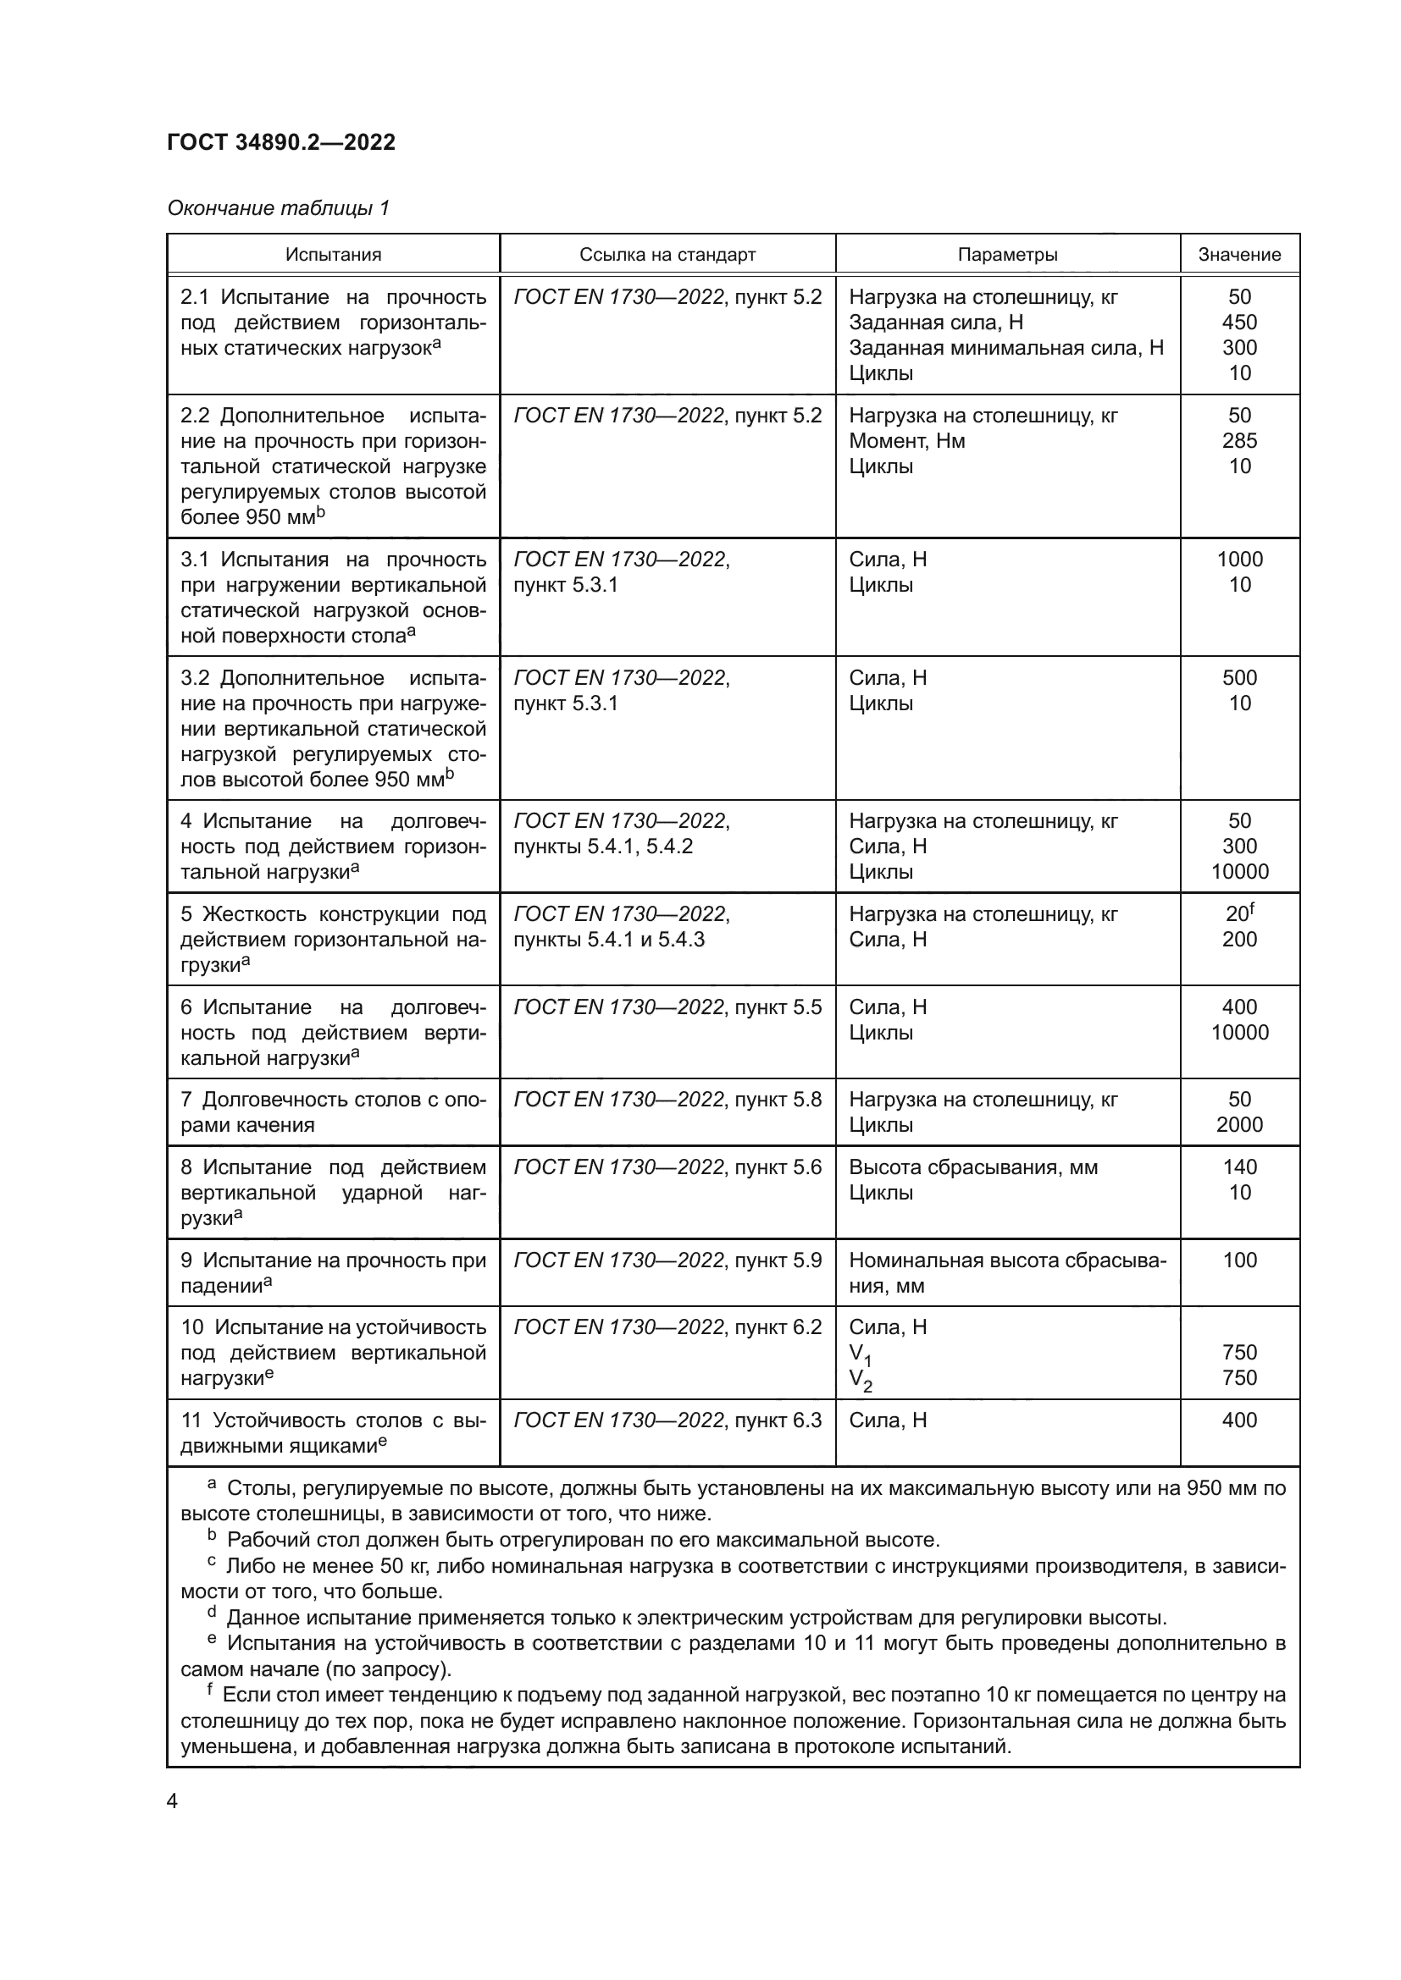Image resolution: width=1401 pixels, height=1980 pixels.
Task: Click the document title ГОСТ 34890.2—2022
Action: point(281,142)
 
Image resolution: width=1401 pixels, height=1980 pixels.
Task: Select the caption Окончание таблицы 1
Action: point(278,208)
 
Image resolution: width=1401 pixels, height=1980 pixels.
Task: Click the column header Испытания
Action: point(333,255)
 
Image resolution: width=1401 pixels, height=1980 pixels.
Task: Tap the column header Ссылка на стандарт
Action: point(667,255)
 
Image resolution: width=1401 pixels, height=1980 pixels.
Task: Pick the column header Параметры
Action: point(1007,255)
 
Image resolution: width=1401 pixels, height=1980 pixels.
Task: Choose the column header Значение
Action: point(1239,255)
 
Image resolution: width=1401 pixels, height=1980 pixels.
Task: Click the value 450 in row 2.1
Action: point(1239,323)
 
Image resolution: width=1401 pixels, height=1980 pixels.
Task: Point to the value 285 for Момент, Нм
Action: point(1239,441)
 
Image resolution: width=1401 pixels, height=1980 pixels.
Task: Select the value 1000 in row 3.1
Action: point(1239,559)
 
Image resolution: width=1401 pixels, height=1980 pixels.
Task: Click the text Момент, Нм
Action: point(906,441)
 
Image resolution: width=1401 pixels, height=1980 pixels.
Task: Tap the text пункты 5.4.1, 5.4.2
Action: point(602,846)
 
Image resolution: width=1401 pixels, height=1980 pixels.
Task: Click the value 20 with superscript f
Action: point(1239,913)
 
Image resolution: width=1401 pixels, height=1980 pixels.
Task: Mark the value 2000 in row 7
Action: point(1239,1124)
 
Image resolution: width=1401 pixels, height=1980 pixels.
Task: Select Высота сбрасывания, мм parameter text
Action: point(972,1166)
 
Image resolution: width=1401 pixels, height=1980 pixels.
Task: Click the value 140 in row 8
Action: point(1239,1166)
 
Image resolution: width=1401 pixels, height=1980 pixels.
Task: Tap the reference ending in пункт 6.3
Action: point(667,1420)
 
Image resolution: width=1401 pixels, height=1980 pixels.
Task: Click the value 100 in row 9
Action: point(1239,1260)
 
